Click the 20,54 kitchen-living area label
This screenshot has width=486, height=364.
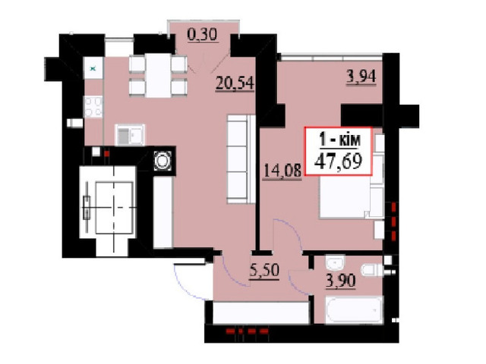[235, 83]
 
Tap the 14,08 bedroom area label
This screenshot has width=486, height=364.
[282, 171]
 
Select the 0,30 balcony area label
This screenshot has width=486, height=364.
[203, 34]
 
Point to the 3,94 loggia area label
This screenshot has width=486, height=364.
[361, 77]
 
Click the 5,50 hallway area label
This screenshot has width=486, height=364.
[264, 270]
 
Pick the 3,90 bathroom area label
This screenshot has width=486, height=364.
[341, 281]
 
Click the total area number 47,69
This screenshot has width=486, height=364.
[338, 161]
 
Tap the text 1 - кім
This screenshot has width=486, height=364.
[340, 140]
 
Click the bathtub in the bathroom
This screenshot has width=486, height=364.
[354, 310]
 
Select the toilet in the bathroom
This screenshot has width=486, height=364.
[373, 270]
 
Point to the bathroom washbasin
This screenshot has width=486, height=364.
[335, 263]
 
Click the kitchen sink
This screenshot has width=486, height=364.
[130, 135]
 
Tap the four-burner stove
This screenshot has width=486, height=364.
[93, 107]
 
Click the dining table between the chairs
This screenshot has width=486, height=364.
[158, 76]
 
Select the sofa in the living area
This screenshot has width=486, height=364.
[241, 159]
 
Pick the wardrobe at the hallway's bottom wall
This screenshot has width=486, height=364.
[261, 312]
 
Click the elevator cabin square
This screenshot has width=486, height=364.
[115, 208]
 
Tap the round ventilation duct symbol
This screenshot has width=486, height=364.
[163, 161]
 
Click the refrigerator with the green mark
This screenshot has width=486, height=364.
[93, 68]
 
